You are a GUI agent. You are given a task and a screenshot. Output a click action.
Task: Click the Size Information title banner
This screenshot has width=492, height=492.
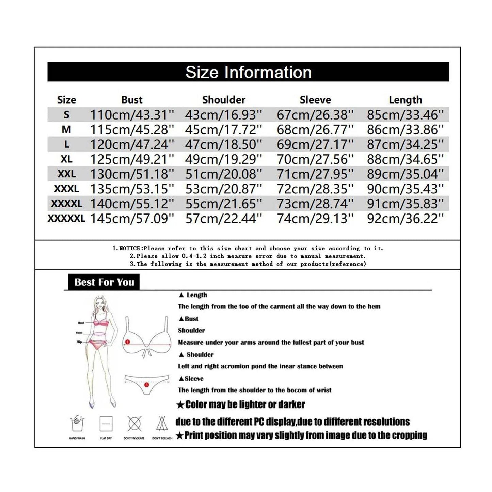(248, 72)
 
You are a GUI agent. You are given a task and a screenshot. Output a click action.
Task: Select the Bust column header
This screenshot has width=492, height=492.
(132, 100)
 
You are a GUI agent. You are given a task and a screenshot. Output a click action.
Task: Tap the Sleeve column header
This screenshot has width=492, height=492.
(315, 100)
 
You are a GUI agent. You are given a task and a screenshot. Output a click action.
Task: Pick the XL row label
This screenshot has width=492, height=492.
(66, 159)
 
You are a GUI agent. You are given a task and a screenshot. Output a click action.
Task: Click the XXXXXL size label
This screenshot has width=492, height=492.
(66, 218)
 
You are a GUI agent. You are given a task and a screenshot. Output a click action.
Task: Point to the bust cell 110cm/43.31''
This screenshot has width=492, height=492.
(132, 115)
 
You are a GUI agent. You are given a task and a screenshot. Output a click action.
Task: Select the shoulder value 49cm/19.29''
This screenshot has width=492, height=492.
(224, 159)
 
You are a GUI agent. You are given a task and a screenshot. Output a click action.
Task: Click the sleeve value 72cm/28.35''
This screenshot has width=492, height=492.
(315, 189)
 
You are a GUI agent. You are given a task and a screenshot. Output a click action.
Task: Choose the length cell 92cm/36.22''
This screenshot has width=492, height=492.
(405, 218)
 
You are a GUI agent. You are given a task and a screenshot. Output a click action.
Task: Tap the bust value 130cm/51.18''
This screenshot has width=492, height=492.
(132, 174)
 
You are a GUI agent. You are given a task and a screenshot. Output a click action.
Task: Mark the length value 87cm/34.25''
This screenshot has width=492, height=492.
(405, 144)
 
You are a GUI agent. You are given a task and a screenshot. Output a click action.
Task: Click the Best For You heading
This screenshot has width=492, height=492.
(104, 282)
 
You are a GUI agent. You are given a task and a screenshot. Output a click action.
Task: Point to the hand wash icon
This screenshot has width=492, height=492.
(77, 424)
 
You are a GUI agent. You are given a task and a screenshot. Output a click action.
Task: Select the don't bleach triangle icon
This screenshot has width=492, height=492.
(162, 424)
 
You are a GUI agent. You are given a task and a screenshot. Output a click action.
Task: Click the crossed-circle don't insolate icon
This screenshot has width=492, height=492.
(134, 424)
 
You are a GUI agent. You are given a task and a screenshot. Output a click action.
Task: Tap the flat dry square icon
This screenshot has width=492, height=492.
(106, 424)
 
